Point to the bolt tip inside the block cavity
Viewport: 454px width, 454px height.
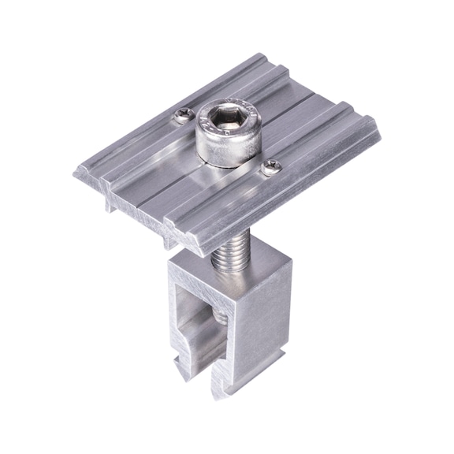(x=221, y=316)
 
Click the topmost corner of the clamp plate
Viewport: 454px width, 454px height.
(x=261, y=54)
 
